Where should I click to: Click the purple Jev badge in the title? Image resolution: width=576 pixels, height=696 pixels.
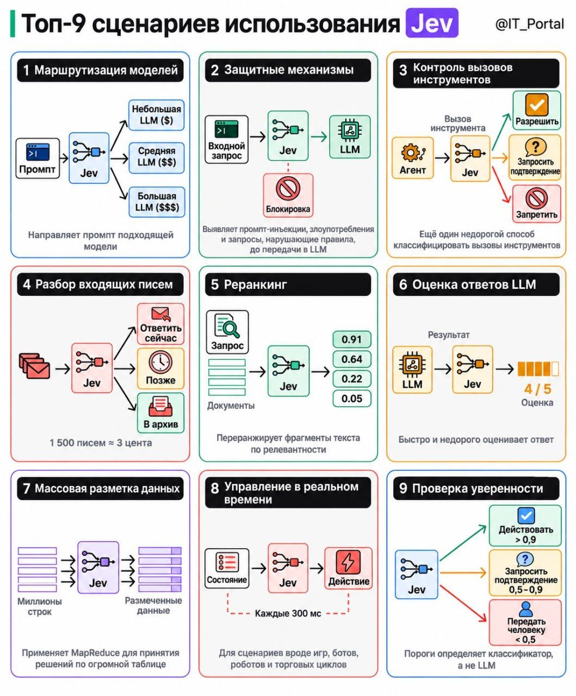[432, 23]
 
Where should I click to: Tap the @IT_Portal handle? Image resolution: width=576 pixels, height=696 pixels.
[530, 24]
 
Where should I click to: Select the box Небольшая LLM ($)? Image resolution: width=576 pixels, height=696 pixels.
[157, 115]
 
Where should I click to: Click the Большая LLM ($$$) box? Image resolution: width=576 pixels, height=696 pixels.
[157, 202]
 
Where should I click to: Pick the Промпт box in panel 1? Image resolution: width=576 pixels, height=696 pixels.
[38, 158]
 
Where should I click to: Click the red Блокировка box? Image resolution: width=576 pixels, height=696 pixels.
[288, 195]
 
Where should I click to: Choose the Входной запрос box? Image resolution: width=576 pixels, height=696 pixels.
[226, 139]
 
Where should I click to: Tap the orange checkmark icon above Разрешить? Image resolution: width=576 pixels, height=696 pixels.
[537, 104]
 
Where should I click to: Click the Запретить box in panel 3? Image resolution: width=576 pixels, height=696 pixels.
[537, 204]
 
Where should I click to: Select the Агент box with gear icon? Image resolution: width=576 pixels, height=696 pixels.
[413, 158]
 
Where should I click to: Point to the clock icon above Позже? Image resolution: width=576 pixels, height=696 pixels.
[160, 362]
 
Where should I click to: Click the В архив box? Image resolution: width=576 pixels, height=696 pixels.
[161, 413]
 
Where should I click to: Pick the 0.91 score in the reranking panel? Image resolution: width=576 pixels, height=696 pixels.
[352, 339]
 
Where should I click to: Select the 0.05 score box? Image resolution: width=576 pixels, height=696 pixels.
[352, 399]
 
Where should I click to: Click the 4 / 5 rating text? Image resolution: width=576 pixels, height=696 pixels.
[537, 389]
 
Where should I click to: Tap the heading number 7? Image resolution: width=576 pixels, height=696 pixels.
[27, 489]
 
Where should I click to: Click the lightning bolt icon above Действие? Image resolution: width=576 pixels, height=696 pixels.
[348, 562]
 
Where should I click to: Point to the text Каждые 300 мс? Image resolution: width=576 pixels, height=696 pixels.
[288, 614]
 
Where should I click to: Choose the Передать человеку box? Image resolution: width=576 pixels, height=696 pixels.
[525, 623]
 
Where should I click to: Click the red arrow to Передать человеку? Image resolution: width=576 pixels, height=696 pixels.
[463, 604]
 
